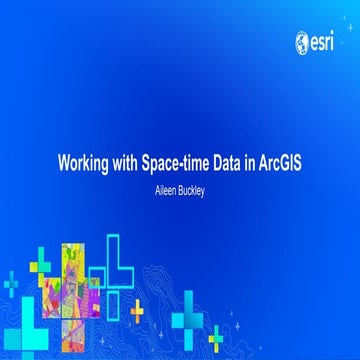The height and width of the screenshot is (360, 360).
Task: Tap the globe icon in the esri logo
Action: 301,42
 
